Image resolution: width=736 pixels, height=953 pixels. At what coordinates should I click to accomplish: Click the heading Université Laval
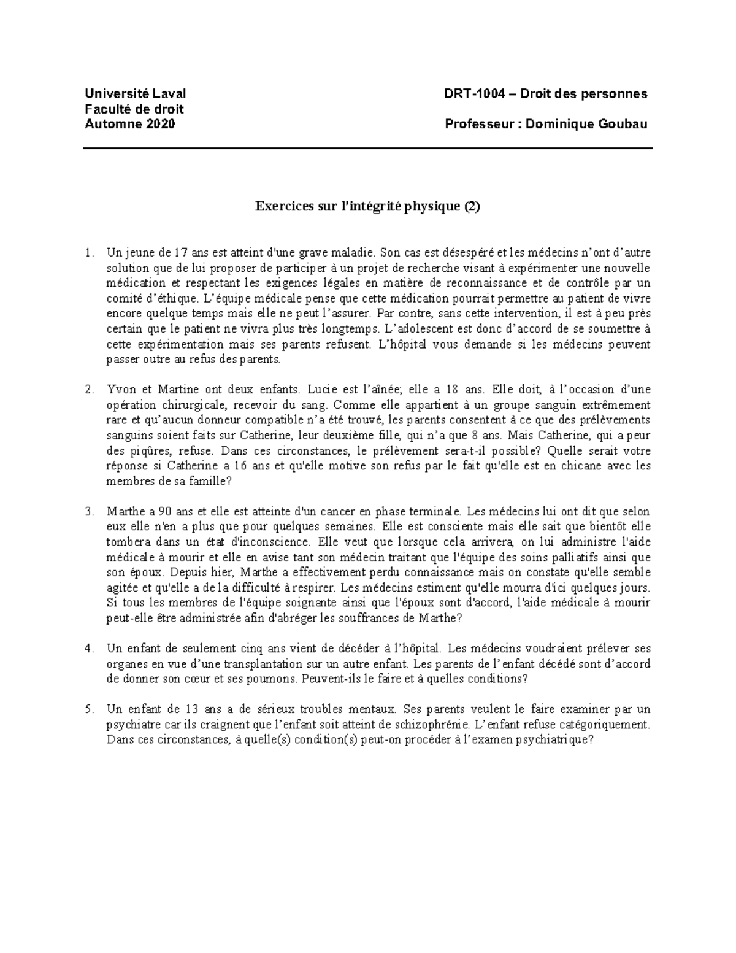pos(135,94)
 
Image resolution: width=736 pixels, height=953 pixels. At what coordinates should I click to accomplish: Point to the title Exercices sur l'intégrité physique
pos(367,207)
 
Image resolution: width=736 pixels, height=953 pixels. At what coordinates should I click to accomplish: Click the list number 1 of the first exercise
pos(90,252)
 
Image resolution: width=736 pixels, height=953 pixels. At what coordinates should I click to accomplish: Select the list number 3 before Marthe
pos(90,511)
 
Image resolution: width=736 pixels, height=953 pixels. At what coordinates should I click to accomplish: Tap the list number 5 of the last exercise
pos(90,709)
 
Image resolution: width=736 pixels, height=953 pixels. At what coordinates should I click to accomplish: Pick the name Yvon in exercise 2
pos(120,390)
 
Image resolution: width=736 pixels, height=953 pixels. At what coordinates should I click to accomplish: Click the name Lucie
pos(322,390)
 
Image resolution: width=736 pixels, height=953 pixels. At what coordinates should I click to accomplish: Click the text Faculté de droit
pos(134,109)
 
